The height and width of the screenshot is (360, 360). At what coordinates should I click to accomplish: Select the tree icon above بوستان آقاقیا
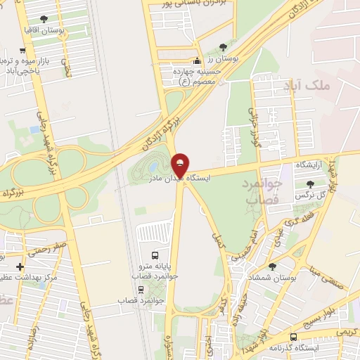click(45, 19)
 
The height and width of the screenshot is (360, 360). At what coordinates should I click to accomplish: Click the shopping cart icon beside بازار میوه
click(24, 51)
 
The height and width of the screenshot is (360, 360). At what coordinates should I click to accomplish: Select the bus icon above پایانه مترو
click(155, 255)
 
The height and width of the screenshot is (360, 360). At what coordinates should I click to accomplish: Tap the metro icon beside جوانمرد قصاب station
click(141, 290)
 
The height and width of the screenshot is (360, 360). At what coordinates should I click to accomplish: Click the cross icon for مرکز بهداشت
click(19, 267)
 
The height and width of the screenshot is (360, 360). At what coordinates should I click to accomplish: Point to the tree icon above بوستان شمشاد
click(272, 266)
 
